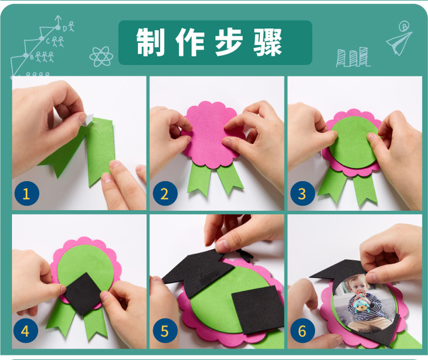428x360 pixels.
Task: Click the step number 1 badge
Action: click(x=27, y=193)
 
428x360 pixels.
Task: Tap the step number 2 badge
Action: click(x=165, y=193)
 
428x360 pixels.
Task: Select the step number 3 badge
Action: click(x=303, y=193)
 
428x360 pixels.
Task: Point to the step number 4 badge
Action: click(x=25, y=331)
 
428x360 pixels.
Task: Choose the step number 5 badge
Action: click(x=165, y=331)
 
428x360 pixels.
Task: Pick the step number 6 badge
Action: click(x=303, y=331)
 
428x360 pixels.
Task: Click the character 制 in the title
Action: click(x=150, y=42)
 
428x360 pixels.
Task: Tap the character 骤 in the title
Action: click(x=268, y=42)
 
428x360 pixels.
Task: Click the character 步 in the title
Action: click(x=229, y=42)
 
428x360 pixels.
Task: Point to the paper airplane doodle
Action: click(x=399, y=41)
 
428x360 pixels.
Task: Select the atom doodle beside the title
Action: click(x=101, y=56)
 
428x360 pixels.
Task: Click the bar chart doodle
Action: click(x=352, y=57)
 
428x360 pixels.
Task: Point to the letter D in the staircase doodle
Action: click(x=65, y=28)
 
